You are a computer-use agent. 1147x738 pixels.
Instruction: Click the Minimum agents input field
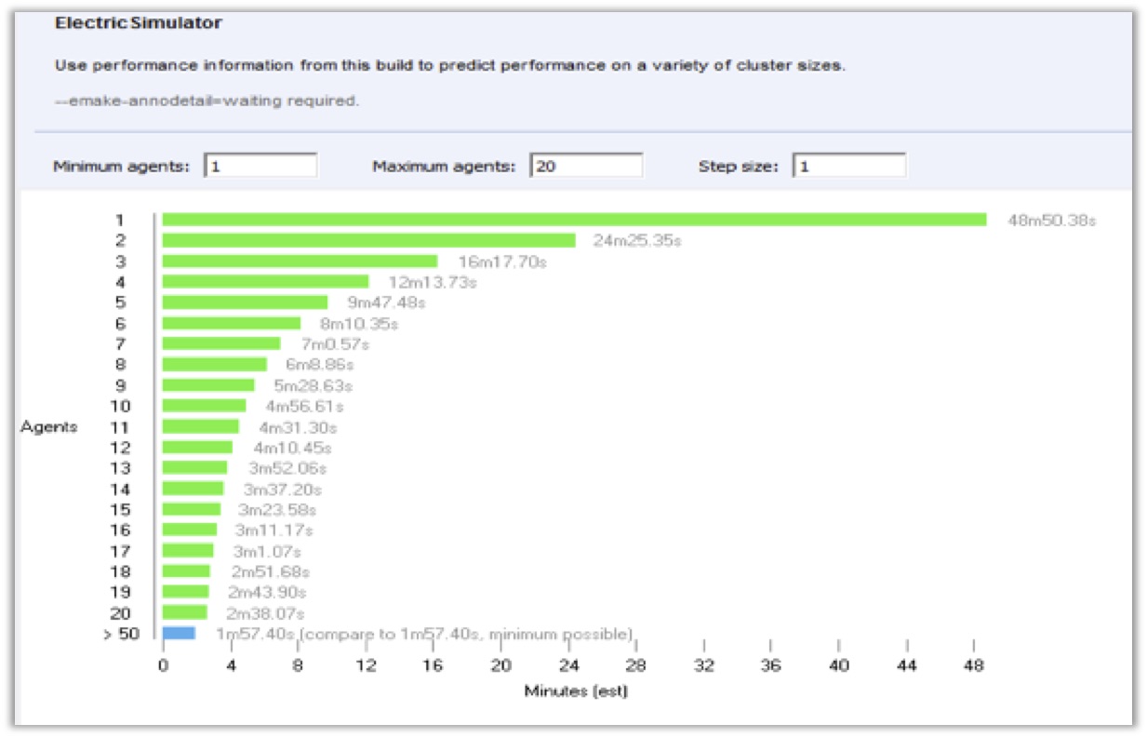click(260, 166)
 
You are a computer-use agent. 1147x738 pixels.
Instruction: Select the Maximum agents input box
click(586, 166)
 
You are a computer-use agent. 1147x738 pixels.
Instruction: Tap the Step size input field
click(849, 166)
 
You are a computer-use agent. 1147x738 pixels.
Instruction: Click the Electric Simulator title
click(139, 22)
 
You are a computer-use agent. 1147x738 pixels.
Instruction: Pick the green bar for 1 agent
click(575, 220)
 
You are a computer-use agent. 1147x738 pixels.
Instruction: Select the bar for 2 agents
click(369, 240)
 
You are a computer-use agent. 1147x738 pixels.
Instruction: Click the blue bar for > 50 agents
click(179, 634)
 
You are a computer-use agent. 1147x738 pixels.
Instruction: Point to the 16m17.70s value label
click(502, 262)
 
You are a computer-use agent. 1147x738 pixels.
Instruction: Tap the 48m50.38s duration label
click(1052, 221)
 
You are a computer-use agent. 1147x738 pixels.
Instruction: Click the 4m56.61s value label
click(305, 406)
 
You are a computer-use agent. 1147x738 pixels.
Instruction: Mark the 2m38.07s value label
click(265, 613)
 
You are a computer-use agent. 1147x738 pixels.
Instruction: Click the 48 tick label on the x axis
click(973, 665)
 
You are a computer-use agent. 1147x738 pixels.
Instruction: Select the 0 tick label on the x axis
click(163, 665)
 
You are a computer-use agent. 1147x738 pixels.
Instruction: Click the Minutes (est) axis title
click(576, 691)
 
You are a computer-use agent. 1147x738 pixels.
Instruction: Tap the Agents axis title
click(49, 426)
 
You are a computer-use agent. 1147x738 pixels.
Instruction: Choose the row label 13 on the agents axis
click(120, 468)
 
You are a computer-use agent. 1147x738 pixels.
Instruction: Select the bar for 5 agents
click(246, 302)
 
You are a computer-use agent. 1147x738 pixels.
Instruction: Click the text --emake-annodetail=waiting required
click(207, 101)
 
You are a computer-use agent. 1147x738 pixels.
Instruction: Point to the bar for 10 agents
click(205, 406)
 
